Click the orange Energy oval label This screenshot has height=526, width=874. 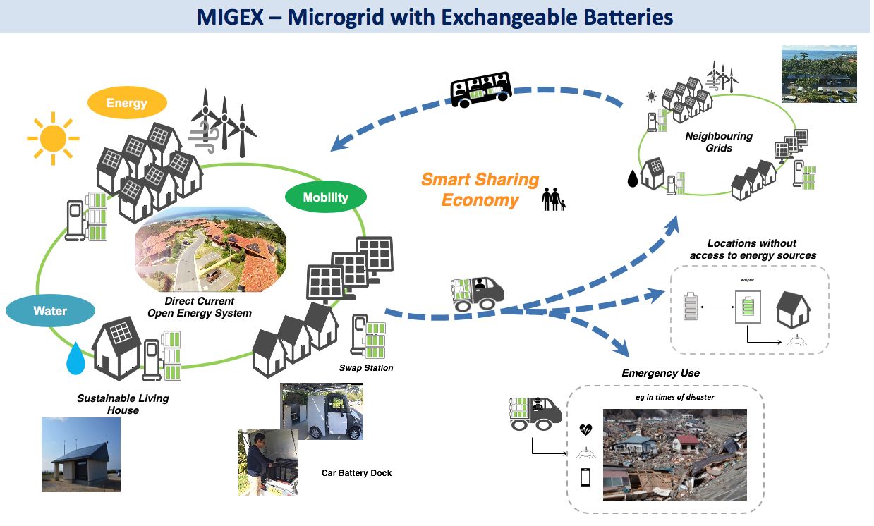[x=127, y=103]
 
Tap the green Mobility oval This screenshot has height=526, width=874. [x=325, y=197]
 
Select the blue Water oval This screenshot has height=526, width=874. [x=50, y=311]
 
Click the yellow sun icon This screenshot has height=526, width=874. [x=52, y=137]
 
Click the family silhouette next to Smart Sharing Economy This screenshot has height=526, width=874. [x=553, y=200]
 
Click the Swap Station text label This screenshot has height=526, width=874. [x=366, y=368]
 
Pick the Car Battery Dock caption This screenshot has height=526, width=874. [x=356, y=472]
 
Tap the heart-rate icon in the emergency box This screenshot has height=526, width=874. [x=585, y=429]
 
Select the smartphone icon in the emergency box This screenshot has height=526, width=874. [x=585, y=477]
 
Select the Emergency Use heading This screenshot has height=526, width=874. [x=660, y=372]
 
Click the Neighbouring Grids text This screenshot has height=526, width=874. [x=719, y=142]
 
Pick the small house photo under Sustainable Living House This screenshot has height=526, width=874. [x=81, y=454]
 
